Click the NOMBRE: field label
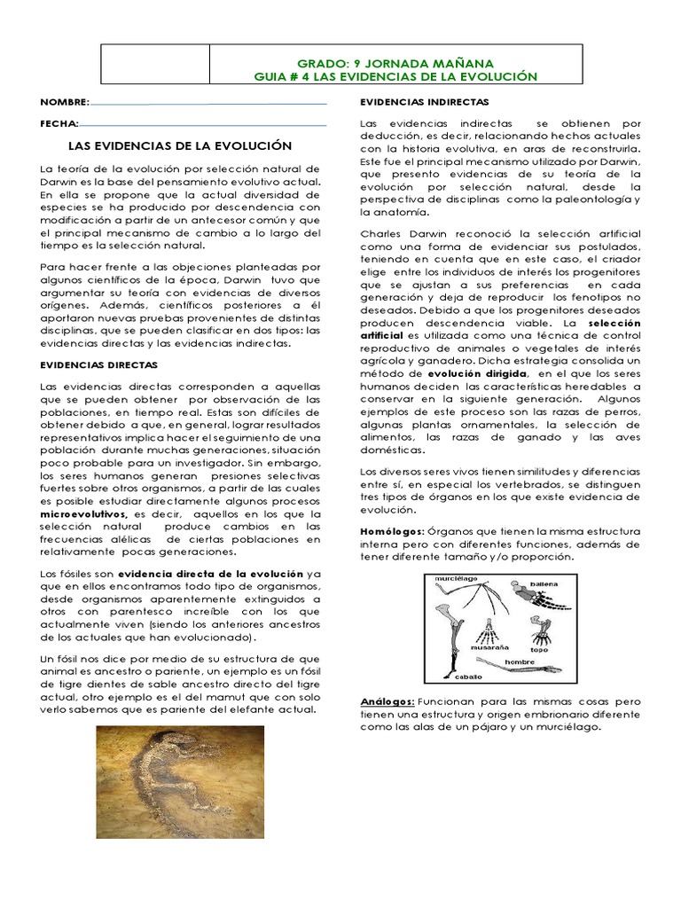[65, 103]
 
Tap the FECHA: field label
[59, 123]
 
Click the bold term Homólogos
[392, 529]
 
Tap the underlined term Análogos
[387, 701]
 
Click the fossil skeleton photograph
[180, 782]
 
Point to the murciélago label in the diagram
[456, 579]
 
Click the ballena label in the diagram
[544, 585]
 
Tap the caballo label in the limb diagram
[470, 677]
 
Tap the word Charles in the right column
[381, 233]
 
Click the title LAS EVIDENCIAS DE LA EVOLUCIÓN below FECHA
[180, 145]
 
